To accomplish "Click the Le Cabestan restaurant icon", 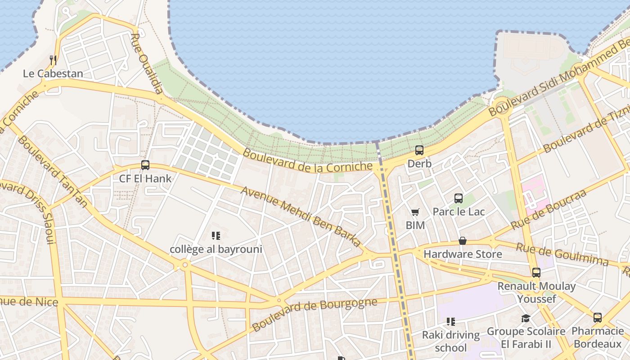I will (x=53, y=60).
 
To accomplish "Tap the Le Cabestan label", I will (x=53, y=73).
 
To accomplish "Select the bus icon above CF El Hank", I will (x=145, y=165).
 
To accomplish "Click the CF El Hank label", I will (x=145, y=179).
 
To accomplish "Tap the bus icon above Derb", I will (x=419, y=150).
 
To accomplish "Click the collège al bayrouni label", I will (x=216, y=249).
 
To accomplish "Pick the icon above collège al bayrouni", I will (x=216, y=236).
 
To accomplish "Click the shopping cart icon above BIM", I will (x=415, y=212).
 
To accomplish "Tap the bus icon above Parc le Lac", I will (x=459, y=198).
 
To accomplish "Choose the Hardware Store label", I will (x=463, y=254).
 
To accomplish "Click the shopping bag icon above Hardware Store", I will (x=463, y=241).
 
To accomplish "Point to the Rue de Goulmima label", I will (x=562, y=255).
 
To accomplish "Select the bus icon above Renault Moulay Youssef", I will (x=536, y=273).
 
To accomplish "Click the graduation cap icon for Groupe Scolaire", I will (x=526, y=319).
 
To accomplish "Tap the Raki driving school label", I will (x=451, y=341).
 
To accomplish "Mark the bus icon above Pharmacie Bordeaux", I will (x=598, y=318).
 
